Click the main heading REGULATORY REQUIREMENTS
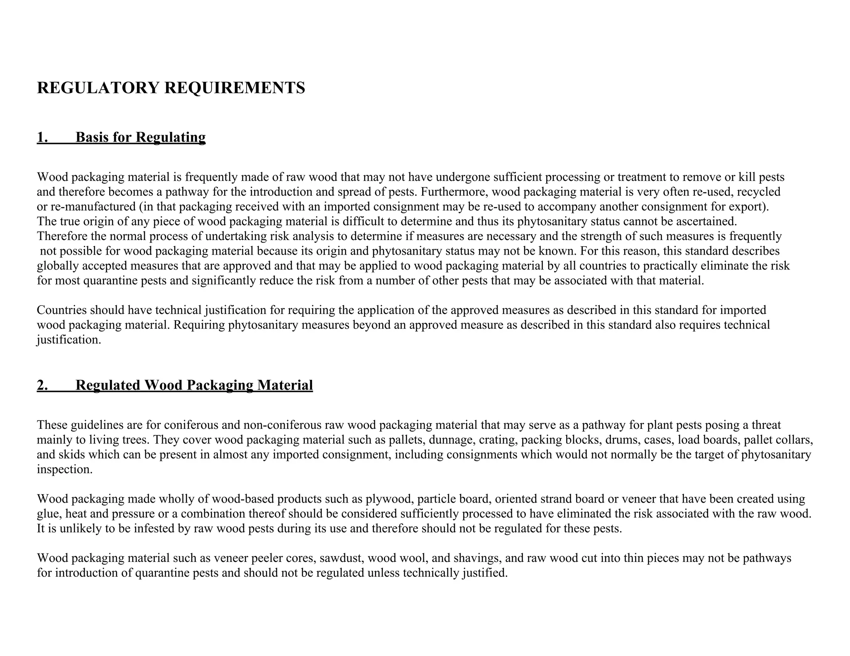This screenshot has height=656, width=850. click(171, 88)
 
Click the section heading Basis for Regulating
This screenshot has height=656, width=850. click(140, 137)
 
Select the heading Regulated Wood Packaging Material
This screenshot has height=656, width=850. click(194, 385)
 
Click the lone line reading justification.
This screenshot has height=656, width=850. click(69, 340)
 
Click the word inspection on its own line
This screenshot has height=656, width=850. click(64, 470)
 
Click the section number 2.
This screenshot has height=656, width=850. click(42, 385)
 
